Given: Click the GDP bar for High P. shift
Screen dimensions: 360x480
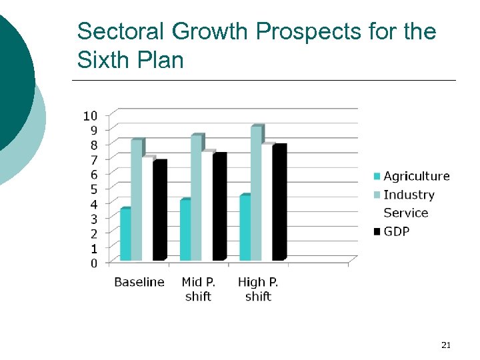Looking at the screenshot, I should pos(279,203).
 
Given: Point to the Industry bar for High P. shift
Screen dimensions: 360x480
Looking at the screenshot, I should pos(256,193).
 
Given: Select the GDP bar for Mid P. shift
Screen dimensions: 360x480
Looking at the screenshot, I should pos(219,207).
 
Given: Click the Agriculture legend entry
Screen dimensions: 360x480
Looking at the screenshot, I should pos(411,176).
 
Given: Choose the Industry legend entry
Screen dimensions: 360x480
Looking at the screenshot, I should pos(403,195).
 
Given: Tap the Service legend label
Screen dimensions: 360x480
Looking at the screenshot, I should pos(405,213).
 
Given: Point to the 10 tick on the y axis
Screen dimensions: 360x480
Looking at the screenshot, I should pos(89,115).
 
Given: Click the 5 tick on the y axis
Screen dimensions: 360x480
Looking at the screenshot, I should pos(93,189).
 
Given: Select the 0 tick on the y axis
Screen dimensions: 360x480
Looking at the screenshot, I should pos(93,263).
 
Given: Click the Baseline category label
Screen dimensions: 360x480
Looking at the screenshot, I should pos(139,282).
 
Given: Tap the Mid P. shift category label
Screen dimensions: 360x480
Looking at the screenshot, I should pos(198,289).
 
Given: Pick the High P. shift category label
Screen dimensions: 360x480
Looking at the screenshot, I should pos(258,289).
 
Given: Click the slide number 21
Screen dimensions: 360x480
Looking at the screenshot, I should pos(446,345).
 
